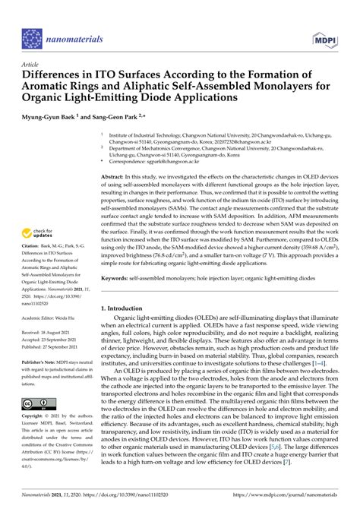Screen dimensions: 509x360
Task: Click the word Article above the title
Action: point(32,65)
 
